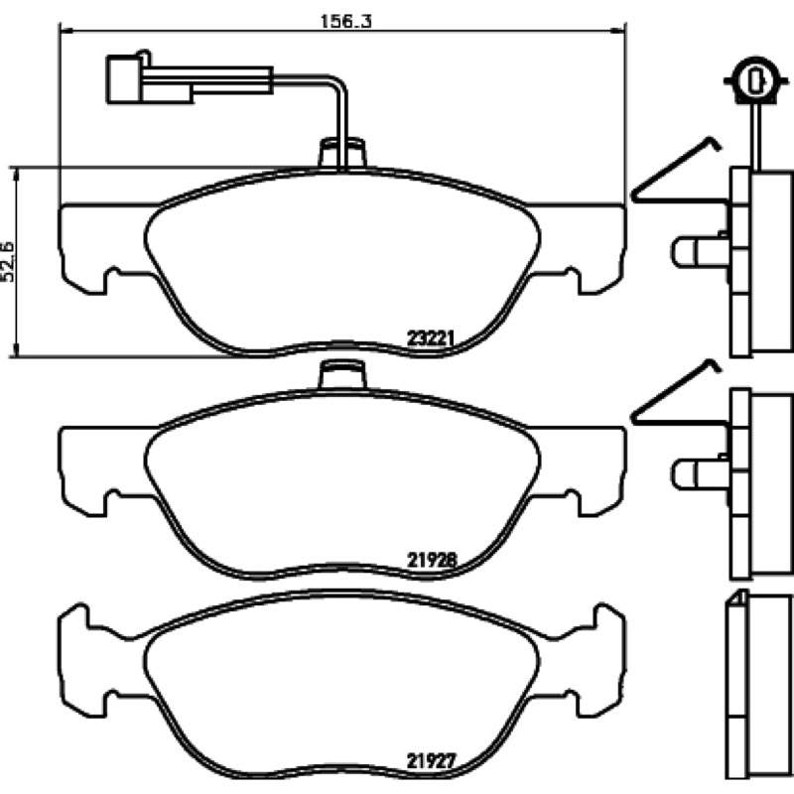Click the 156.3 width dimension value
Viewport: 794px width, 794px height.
346,21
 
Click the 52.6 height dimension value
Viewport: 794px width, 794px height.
9,262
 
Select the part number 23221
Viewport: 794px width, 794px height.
432,337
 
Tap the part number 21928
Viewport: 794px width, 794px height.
432,560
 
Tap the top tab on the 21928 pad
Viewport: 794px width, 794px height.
342,375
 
